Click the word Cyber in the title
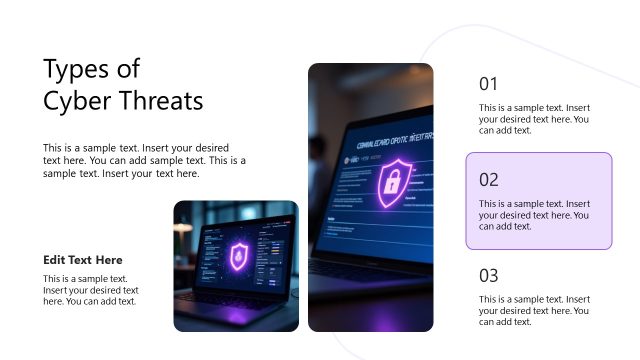[x=75, y=101]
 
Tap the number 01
[x=488, y=84]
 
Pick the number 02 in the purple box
[x=488, y=180]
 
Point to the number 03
[x=488, y=275]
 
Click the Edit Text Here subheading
[x=83, y=260]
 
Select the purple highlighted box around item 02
[x=538, y=200]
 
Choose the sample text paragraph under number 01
[x=534, y=119]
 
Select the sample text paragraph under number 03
[x=534, y=310]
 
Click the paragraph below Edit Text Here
[x=90, y=290]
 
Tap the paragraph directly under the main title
[x=144, y=159]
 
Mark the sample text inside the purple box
[x=534, y=215]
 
